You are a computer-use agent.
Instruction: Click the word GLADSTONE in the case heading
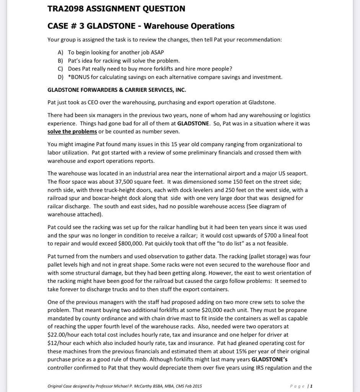pos(111,26)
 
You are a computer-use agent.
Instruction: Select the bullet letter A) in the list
pos(60,52)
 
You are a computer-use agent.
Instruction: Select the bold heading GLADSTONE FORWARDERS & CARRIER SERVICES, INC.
pos(117,90)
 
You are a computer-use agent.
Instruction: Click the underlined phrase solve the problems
pos(72,132)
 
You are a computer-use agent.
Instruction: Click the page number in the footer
pos(311,386)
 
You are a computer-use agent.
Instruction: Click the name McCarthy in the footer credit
pos(146,386)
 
